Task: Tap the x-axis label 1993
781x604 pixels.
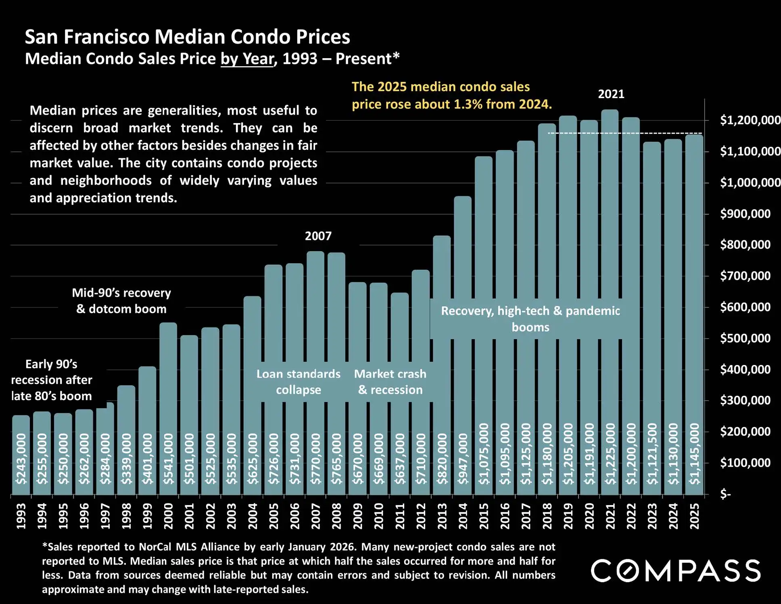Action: pos(21,516)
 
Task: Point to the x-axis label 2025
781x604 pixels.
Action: pos(694,516)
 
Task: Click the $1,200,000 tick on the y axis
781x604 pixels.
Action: pos(750,120)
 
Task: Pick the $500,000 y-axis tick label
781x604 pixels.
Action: pos(745,338)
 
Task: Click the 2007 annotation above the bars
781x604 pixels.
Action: pos(318,236)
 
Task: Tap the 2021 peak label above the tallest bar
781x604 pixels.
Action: pos(611,94)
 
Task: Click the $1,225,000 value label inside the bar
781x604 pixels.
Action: pos(610,454)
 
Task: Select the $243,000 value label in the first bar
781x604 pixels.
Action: pos(21,459)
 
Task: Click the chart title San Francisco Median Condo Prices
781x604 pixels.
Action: pos(187,37)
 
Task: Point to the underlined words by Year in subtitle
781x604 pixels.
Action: pos(247,59)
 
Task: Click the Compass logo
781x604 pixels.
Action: pos(676,570)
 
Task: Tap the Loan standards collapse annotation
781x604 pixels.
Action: pos(299,382)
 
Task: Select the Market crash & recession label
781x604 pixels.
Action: pos(390,382)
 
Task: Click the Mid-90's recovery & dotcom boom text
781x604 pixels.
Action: pos(121,301)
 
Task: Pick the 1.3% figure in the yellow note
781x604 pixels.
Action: pos(468,104)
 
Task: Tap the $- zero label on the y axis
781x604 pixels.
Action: pos(725,494)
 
